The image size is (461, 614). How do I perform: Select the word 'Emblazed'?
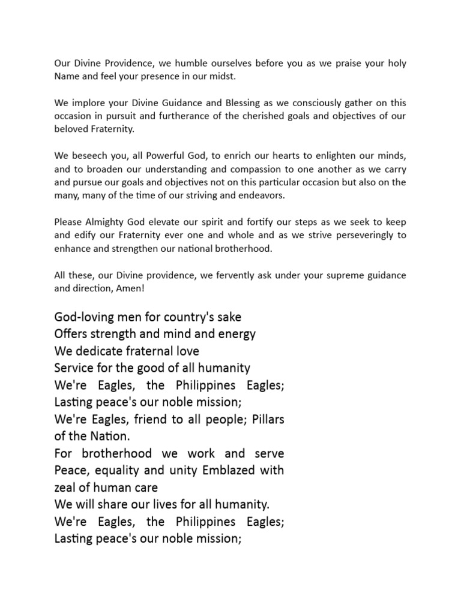220,471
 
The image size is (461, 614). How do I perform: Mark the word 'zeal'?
67,487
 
